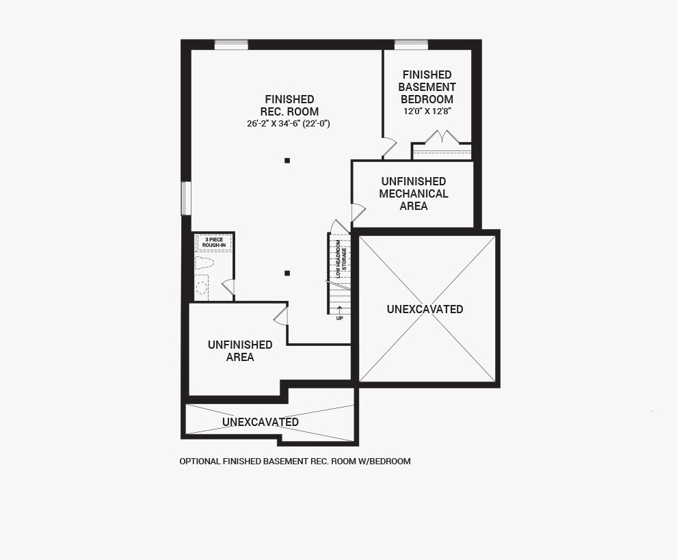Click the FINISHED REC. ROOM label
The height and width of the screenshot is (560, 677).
click(289, 105)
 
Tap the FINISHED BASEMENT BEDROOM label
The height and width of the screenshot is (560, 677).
click(427, 87)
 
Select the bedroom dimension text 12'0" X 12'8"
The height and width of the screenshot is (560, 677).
click(427, 111)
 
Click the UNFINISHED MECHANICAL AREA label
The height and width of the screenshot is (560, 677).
click(414, 194)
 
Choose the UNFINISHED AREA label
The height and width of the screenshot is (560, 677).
click(240, 351)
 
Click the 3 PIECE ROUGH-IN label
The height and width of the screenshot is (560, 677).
click(214, 242)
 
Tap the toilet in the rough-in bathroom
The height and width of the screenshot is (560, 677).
click(204, 262)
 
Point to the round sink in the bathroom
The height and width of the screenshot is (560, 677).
click(202, 287)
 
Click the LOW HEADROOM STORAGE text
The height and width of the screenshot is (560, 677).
click(341, 258)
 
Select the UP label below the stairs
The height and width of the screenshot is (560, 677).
click(339, 318)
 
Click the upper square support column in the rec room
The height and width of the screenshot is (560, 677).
click(287, 161)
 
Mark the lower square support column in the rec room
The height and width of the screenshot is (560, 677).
click(287, 273)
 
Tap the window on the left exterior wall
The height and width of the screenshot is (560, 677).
click(185, 198)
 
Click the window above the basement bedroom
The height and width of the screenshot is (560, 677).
click(411, 45)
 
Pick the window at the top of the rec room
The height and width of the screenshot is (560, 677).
click(231, 45)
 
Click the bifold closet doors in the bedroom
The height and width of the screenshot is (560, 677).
click(442, 137)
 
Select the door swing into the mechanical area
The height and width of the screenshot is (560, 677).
click(358, 213)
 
